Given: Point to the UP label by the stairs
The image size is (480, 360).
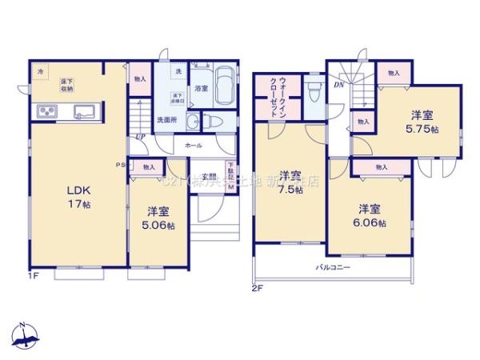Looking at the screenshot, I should pyautogui.click(x=140, y=137).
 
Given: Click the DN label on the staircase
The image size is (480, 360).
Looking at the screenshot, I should pyautogui.click(x=338, y=83).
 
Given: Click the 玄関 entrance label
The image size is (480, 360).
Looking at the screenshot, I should pyautogui.click(x=209, y=177).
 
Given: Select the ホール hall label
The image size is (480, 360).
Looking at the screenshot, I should pyautogui.click(x=193, y=146).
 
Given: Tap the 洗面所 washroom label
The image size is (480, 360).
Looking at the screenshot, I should pyautogui.click(x=166, y=120).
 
